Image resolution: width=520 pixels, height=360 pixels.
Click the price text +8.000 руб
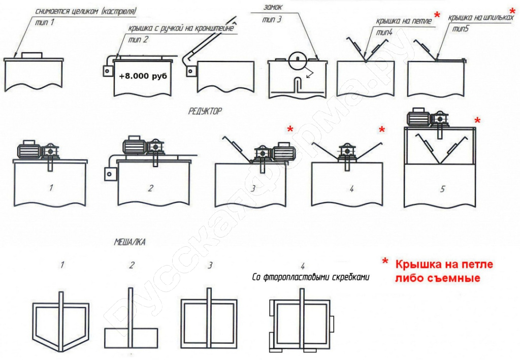(143, 76)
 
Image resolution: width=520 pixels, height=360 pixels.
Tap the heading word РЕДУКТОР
(205, 111)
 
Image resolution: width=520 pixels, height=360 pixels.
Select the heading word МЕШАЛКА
(129, 242)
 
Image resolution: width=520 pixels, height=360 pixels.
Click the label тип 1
(45, 22)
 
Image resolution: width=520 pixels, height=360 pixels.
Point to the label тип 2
(138, 40)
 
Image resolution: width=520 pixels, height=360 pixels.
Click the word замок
(273, 7)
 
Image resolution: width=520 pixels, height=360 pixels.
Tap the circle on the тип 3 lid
(298, 60)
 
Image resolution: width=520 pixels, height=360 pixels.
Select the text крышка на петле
(404, 21)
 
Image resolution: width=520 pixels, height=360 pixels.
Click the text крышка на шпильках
(481, 17)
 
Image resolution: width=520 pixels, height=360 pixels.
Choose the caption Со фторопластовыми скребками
(311, 277)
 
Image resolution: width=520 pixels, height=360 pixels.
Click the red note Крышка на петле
(444, 265)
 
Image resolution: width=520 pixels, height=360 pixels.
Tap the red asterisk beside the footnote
(385, 261)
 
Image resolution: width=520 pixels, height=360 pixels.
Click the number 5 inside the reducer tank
(442, 189)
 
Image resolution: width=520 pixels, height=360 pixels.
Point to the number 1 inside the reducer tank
(51, 188)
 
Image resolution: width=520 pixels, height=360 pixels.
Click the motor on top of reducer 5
(418, 118)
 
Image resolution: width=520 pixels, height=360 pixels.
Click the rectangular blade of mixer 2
(132, 339)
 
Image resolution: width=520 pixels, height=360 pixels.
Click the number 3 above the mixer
(210, 265)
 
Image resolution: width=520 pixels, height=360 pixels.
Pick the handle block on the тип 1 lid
(31, 55)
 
